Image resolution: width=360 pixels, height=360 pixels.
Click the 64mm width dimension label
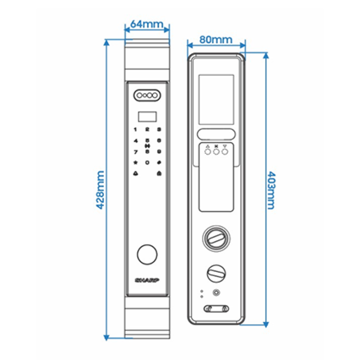[147, 24]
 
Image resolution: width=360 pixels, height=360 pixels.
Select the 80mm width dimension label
[216, 39]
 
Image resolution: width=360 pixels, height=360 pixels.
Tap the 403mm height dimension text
[271, 190]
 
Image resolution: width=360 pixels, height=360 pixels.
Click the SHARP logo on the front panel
[147, 280]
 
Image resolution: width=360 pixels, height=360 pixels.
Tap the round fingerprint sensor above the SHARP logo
[146, 255]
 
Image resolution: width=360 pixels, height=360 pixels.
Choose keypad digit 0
[147, 162]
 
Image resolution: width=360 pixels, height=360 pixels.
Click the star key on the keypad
[135, 162]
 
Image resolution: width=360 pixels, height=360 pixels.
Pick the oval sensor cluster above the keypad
[147, 95]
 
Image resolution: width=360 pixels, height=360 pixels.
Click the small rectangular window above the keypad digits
[147, 116]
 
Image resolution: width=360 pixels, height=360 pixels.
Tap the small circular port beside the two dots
[217, 293]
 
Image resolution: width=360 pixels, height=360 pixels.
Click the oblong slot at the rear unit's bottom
[216, 309]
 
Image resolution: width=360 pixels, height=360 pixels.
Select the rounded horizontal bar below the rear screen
[216, 134]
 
